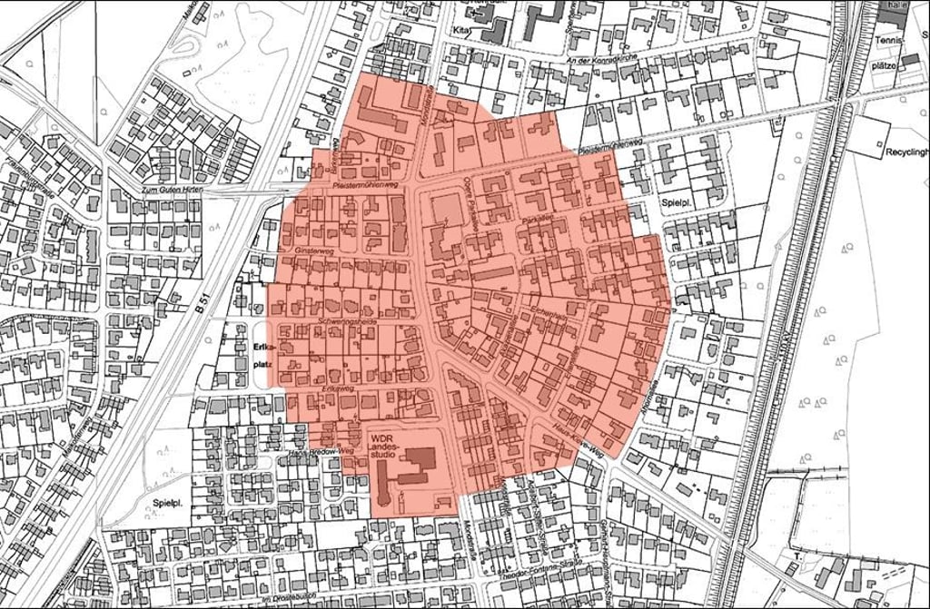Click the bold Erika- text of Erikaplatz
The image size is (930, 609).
point(264,346)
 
